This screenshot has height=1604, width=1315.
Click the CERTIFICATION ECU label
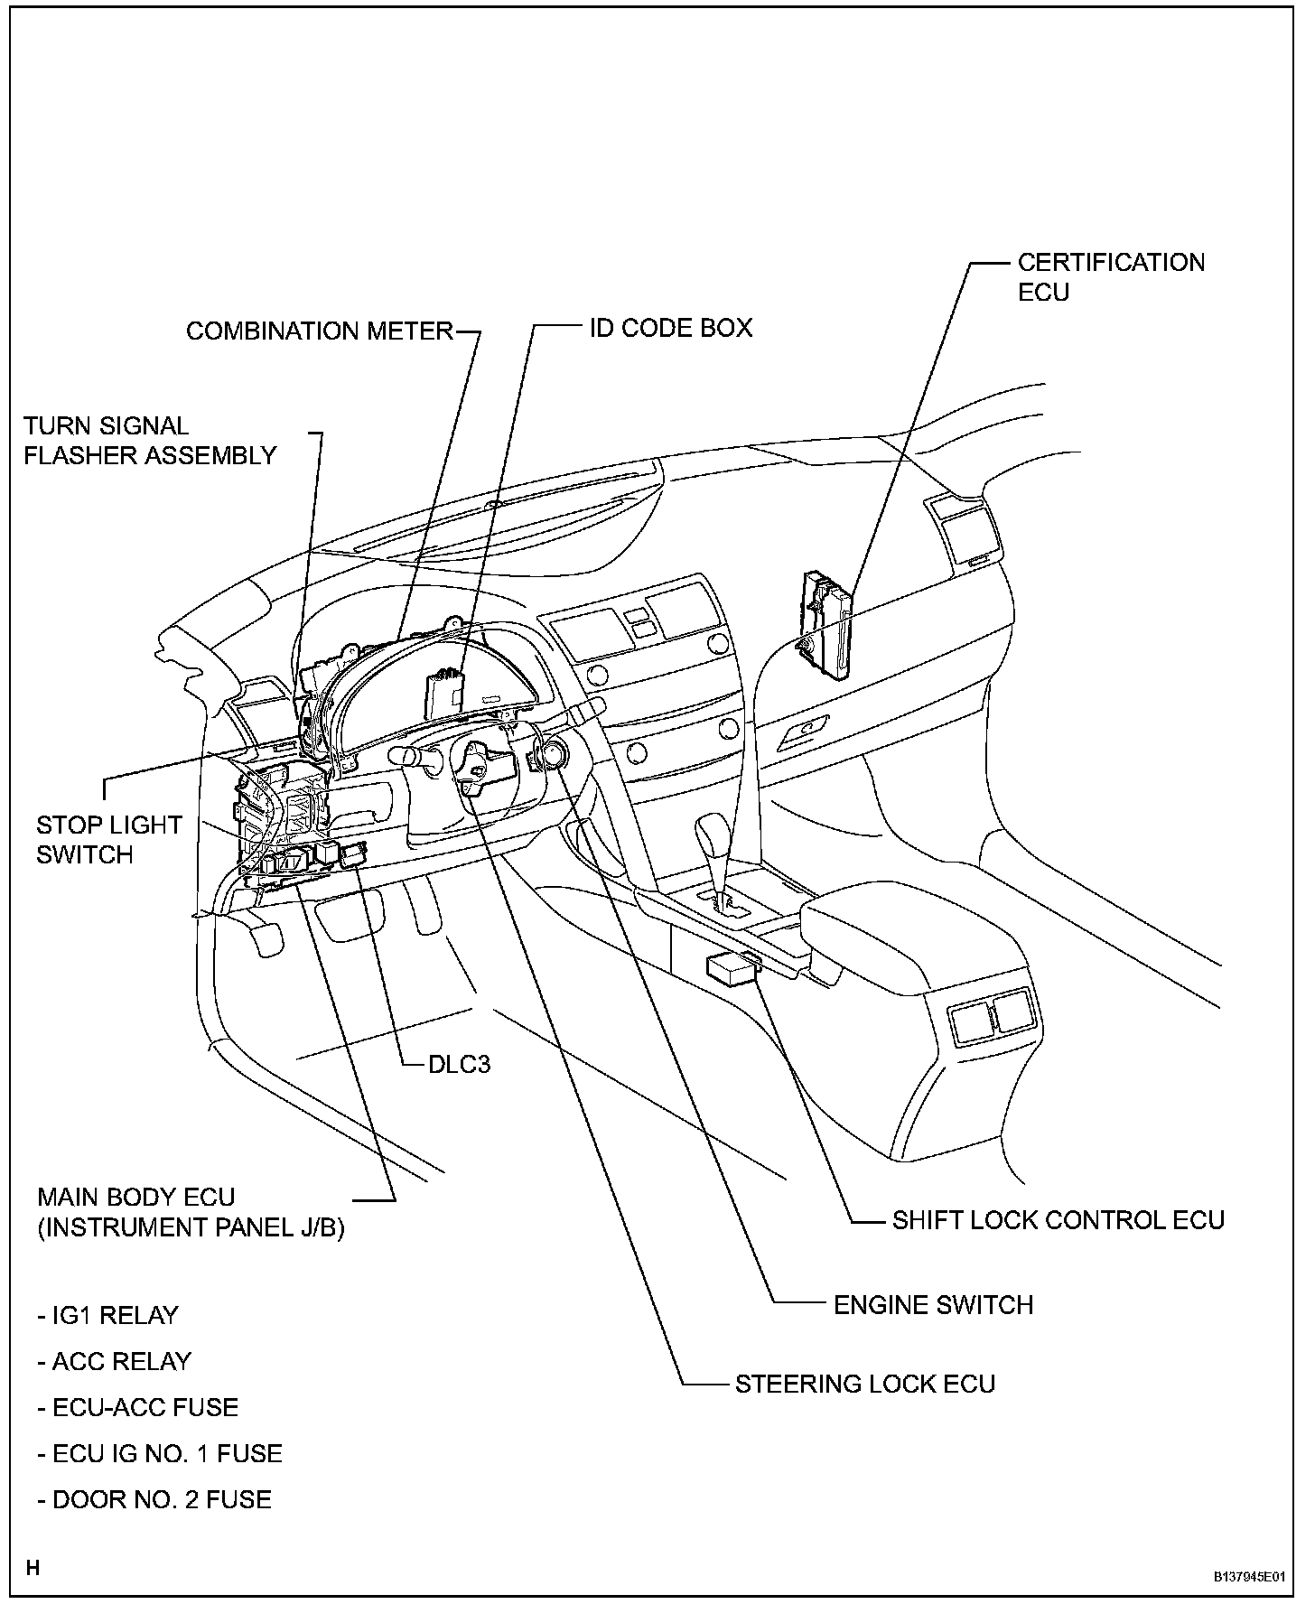[x=1110, y=276]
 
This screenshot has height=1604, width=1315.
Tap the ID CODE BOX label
[x=670, y=328]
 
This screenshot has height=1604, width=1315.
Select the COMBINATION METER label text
[x=319, y=331]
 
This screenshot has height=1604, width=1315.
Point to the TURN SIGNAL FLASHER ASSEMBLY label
[x=149, y=441]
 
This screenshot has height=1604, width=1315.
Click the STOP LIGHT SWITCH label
[x=108, y=839]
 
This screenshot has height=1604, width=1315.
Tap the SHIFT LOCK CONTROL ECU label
[x=1058, y=1220]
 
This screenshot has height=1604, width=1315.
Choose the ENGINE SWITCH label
[x=932, y=1304]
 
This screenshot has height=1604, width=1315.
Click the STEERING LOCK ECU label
[x=864, y=1384]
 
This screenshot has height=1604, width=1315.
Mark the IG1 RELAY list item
[x=108, y=1315]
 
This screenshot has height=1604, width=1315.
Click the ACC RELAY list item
[x=115, y=1361]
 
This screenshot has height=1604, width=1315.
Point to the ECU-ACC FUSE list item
[x=138, y=1407]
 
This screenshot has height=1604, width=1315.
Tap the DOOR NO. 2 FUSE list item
[x=154, y=1499]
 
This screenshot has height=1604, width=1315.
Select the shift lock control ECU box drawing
[x=732, y=968]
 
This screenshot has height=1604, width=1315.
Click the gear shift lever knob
[x=714, y=835]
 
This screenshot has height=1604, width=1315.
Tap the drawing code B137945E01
[x=1247, y=1576]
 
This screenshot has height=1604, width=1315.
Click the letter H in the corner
[x=33, y=1568]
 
